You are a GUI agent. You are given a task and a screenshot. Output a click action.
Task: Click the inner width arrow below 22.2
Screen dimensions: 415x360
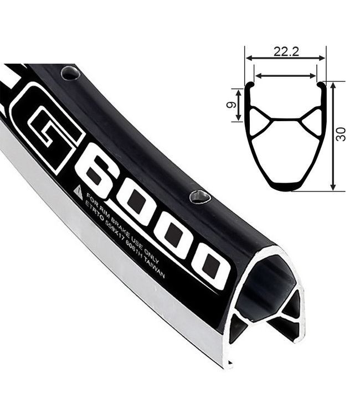click(285, 76)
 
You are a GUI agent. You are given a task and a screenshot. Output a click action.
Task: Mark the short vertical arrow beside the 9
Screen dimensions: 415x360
click(239, 103)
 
